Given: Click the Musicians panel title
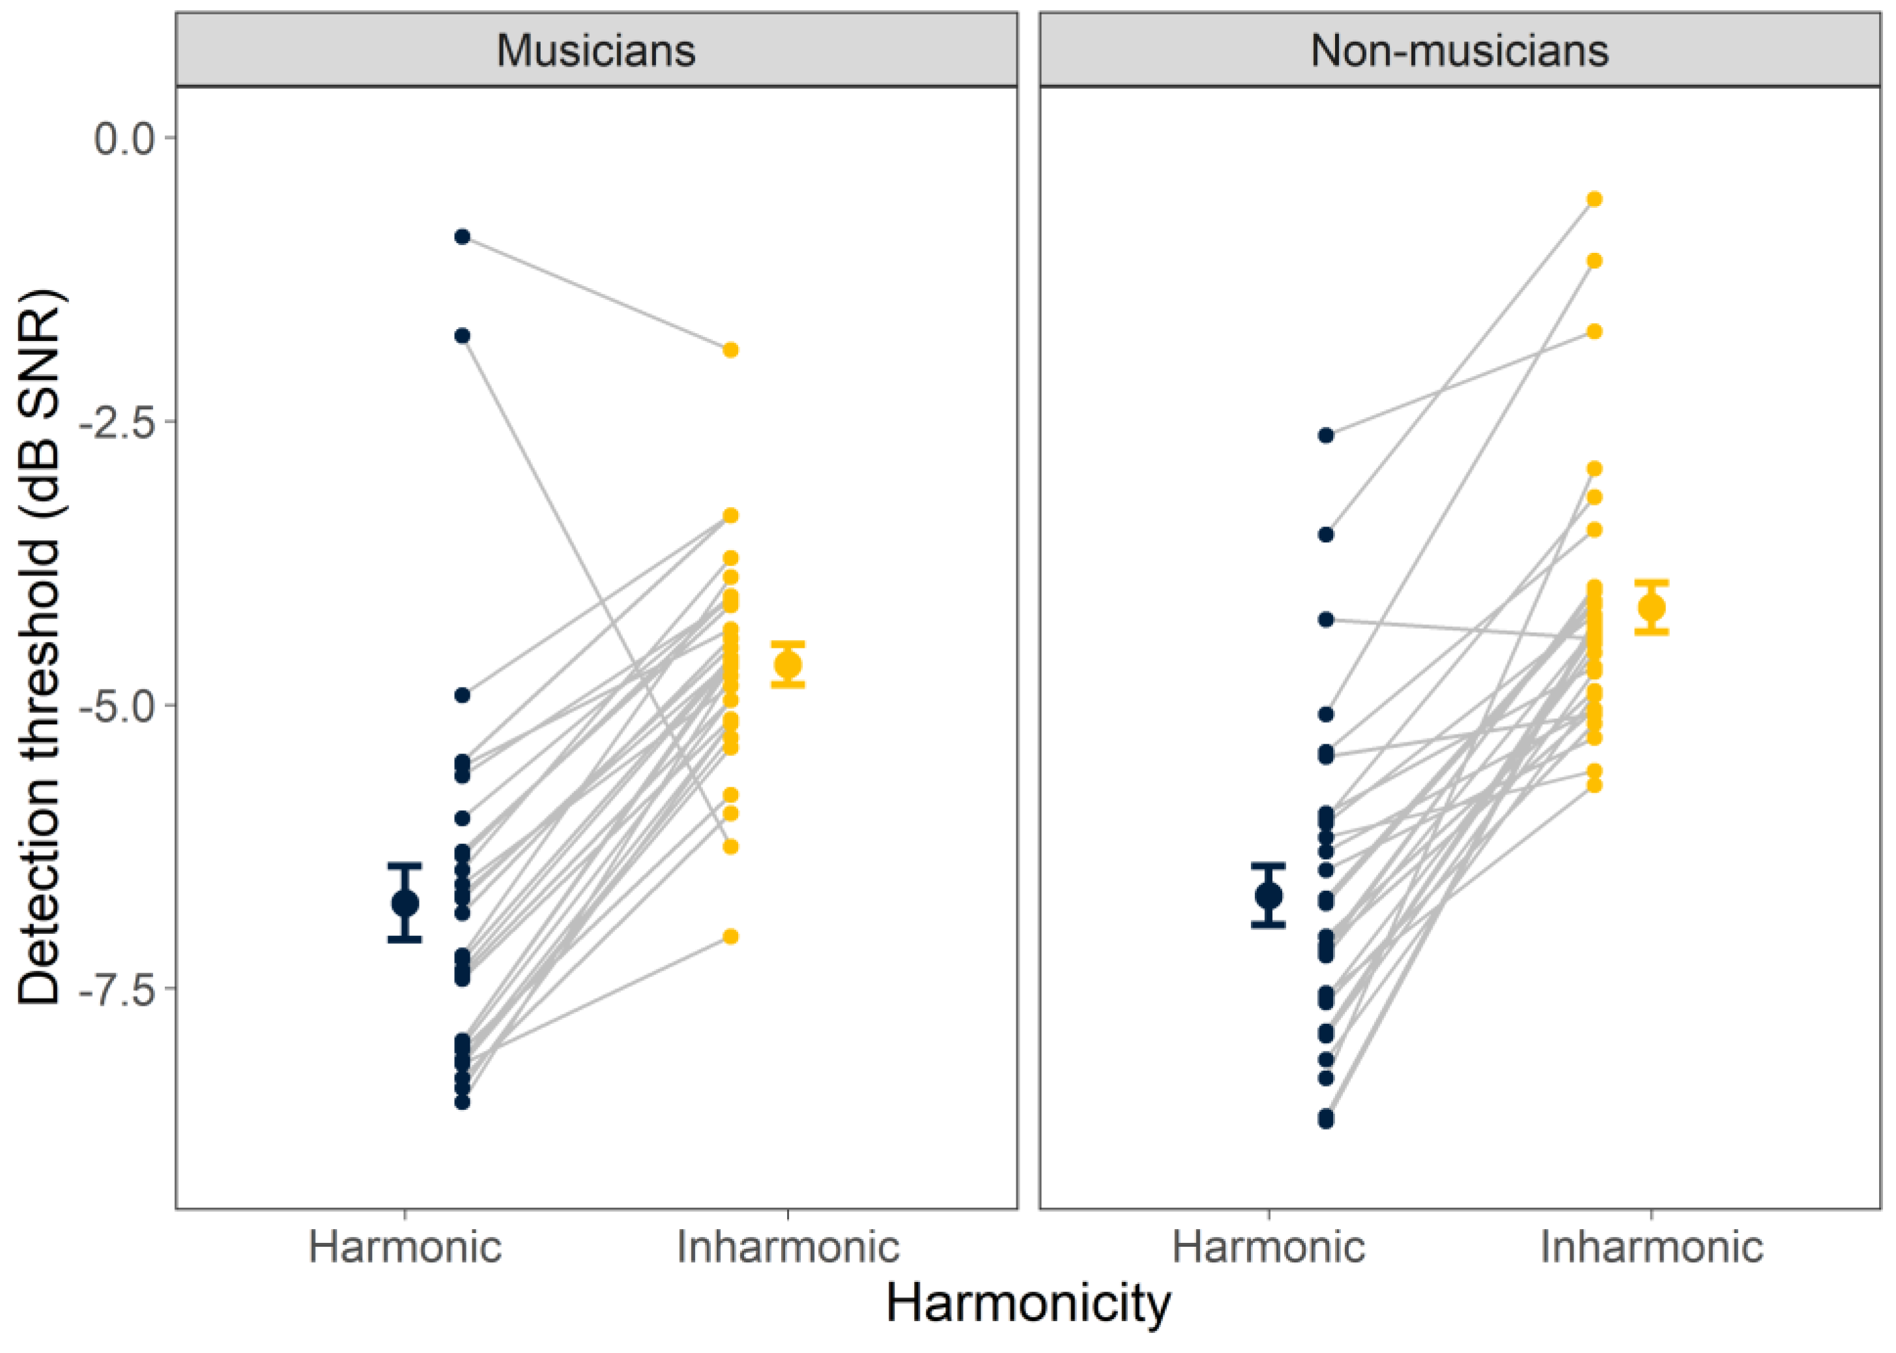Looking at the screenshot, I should [596, 50].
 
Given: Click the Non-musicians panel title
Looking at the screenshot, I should [1459, 50].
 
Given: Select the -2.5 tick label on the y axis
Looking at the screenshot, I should [117, 422].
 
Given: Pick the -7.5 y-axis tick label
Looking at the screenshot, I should [117, 989].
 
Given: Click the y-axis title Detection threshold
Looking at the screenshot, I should [40, 647].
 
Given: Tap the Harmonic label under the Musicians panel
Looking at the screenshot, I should [405, 1247].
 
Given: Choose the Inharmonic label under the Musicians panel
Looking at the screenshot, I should [788, 1247].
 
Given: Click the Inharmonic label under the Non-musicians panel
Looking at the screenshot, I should [1651, 1247].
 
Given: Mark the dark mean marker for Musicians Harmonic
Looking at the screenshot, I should [405, 903].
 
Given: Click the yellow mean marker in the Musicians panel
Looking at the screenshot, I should [788, 665].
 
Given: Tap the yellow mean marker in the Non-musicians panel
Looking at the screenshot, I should [1651, 607].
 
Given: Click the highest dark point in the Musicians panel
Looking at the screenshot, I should [462, 237].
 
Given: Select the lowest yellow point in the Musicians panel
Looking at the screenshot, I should [730, 937].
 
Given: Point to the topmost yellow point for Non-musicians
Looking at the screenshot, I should [1594, 199].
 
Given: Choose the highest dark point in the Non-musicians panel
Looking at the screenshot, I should [1326, 435].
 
